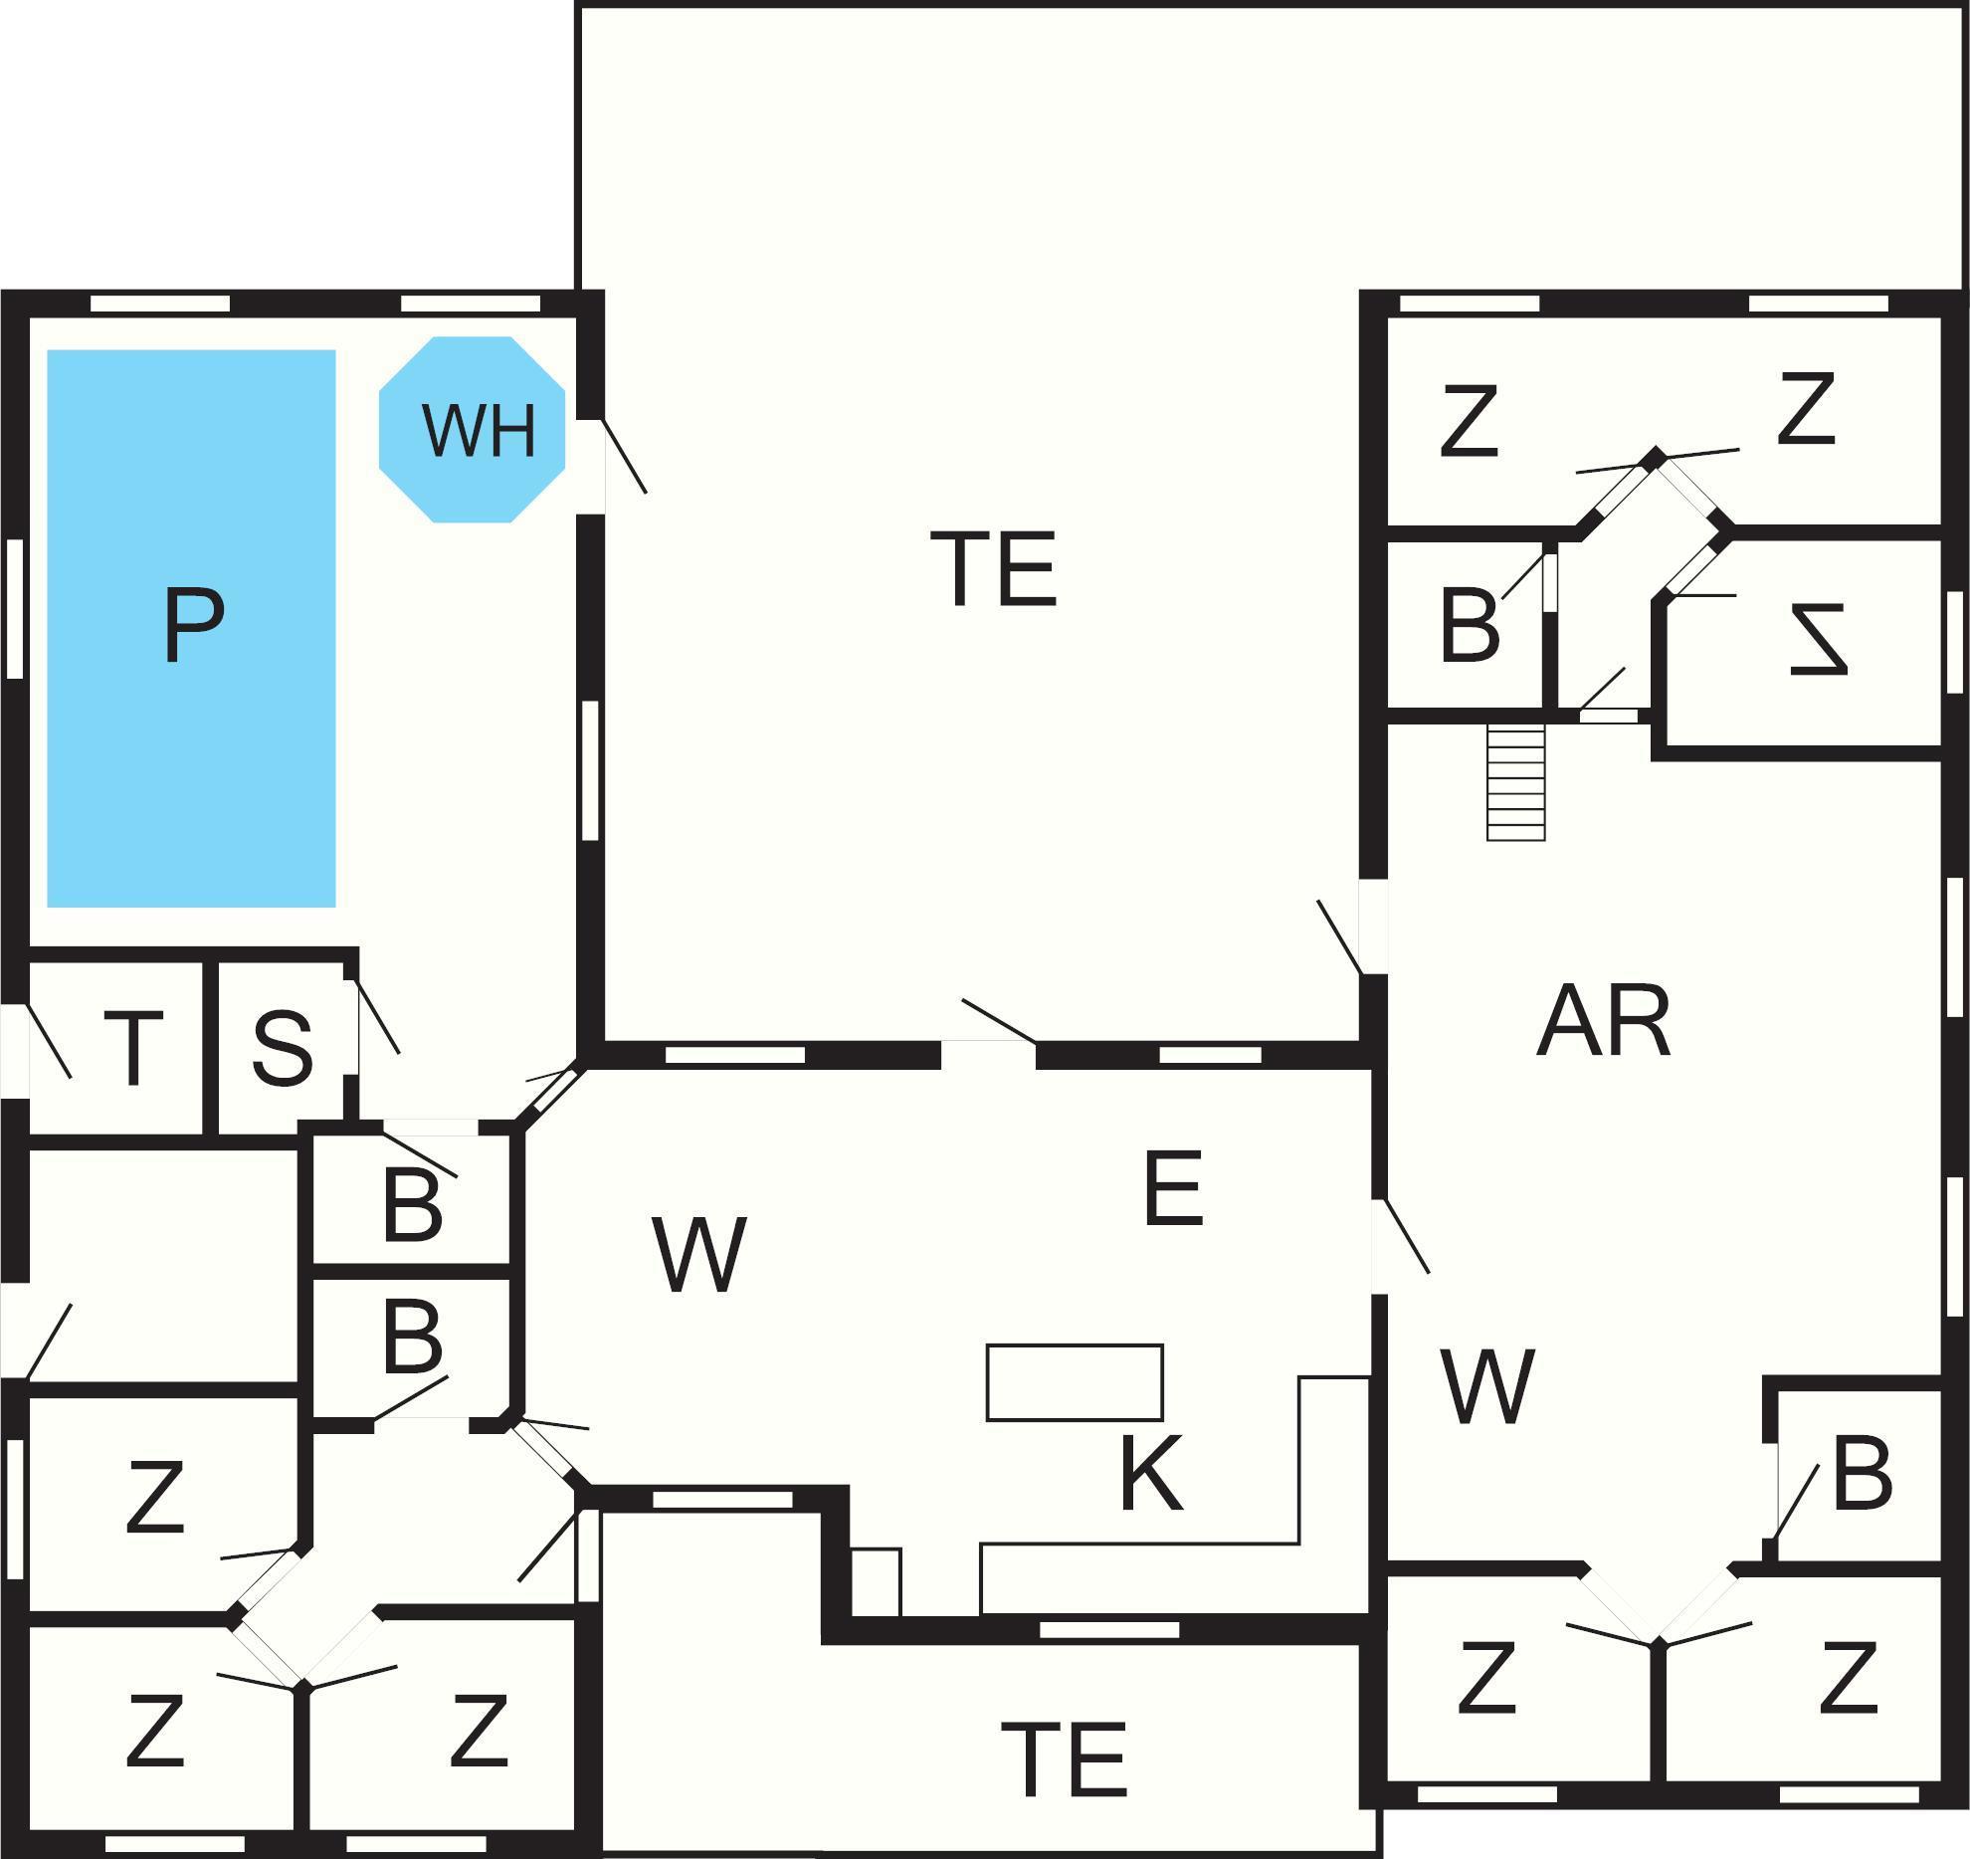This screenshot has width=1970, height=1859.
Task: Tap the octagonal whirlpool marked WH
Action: [x=473, y=429]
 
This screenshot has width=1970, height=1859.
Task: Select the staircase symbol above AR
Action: [x=1515, y=782]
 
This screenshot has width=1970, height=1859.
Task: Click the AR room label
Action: [x=1603, y=1023]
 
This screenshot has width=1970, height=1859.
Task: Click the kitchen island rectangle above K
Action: [x=1075, y=1382]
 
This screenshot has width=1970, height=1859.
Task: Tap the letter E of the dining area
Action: [x=1174, y=1188]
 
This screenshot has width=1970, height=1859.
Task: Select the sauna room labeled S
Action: [x=283, y=1048]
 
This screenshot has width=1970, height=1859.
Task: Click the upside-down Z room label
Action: [x=1818, y=640]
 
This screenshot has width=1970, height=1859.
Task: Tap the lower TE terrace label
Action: [x=1064, y=1758]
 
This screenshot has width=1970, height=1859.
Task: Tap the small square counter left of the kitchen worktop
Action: [x=877, y=1581]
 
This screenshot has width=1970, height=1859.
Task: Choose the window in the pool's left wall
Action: [x=14, y=608]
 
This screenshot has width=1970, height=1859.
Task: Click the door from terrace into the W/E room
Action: [x=989, y=1041]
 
